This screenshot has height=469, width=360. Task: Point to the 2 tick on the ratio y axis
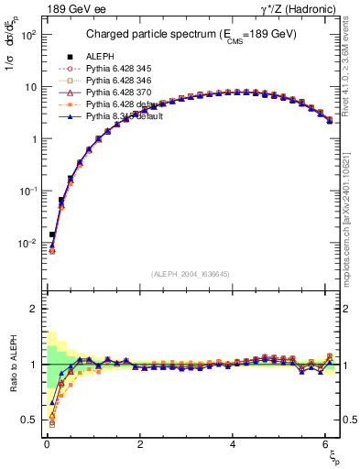click(31, 309)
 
